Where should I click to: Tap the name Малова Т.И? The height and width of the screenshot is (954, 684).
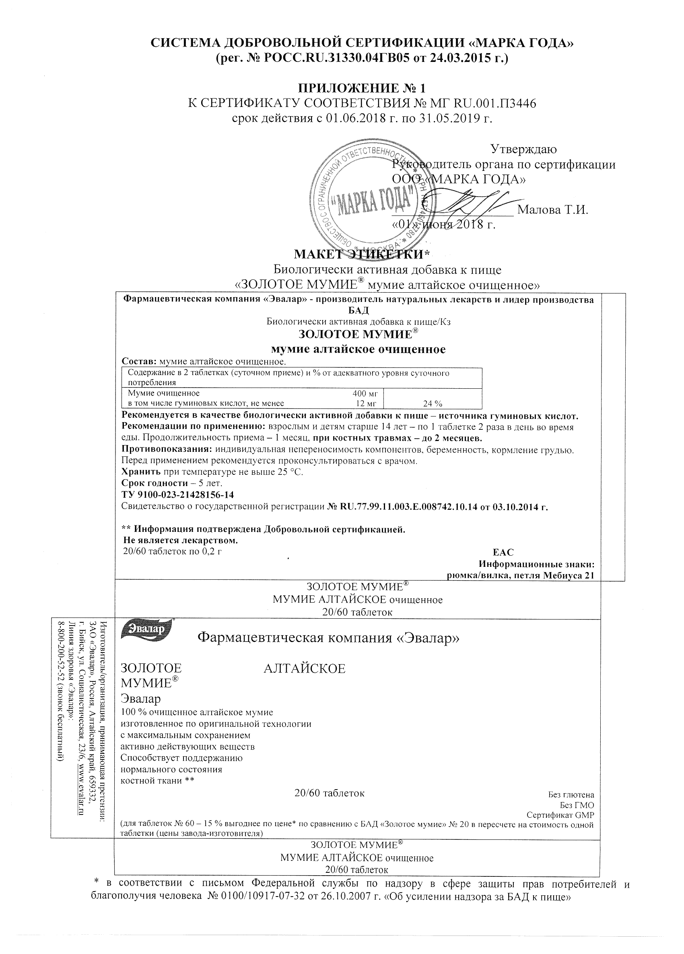[552, 209]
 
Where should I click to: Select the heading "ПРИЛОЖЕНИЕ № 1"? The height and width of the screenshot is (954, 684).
[362, 88]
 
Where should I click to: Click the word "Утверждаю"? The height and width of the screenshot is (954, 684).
[523, 149]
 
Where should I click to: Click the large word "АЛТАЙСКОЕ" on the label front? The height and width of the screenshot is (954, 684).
[304, 669]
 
